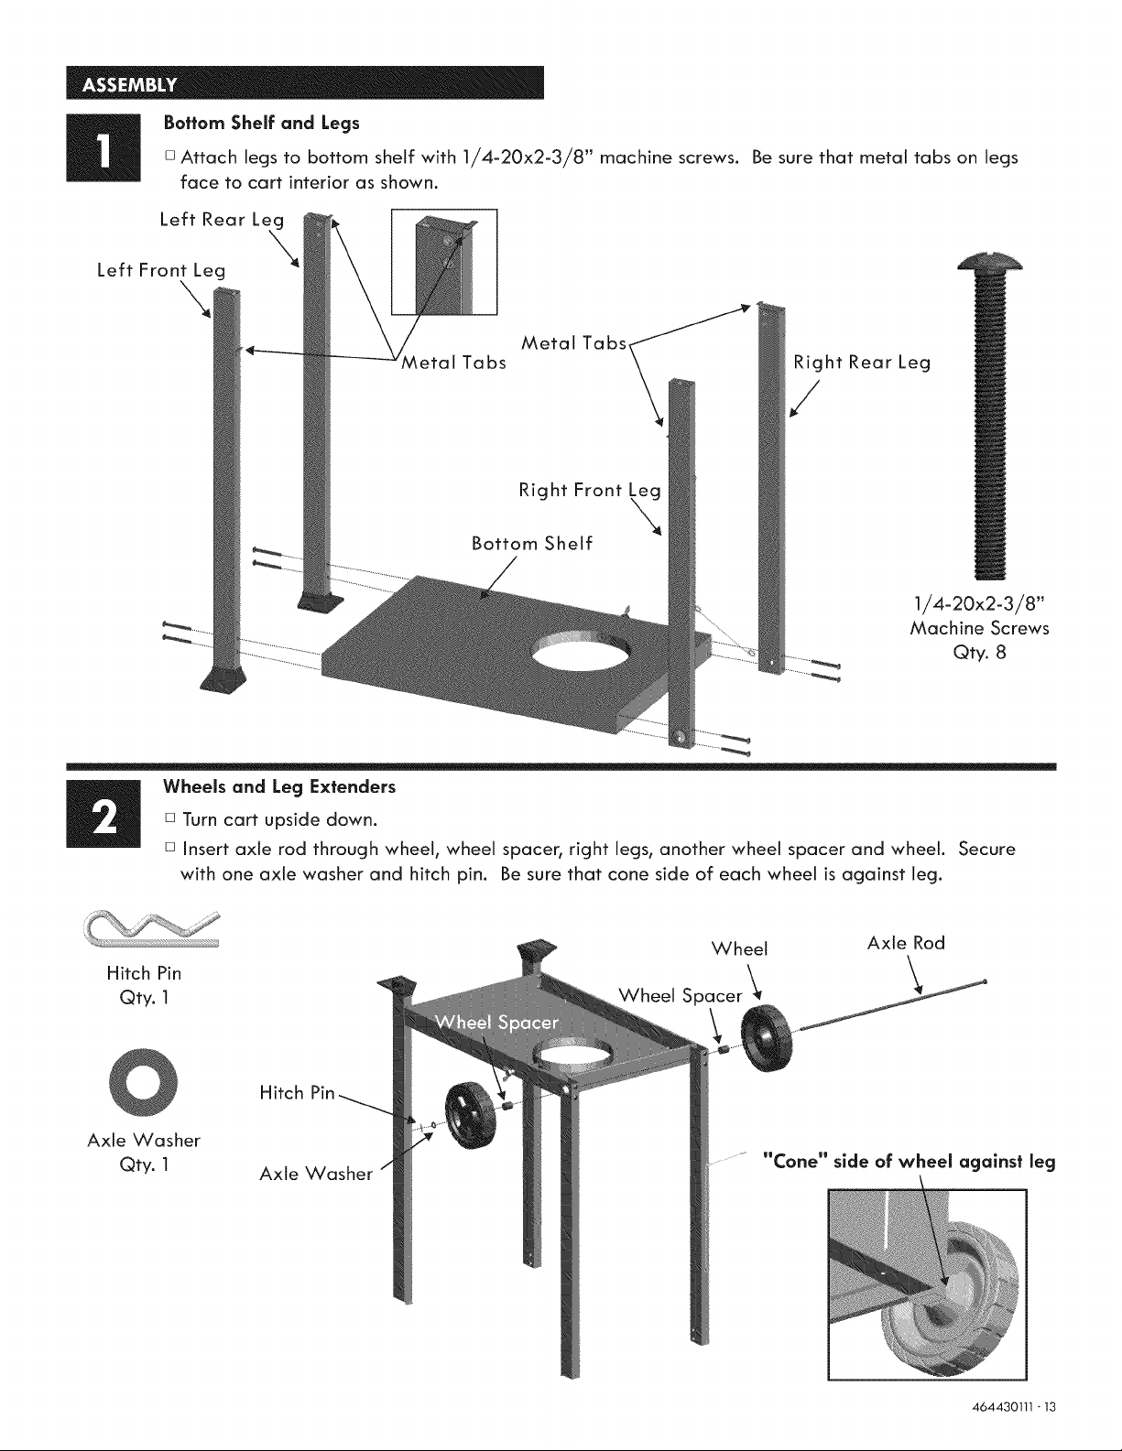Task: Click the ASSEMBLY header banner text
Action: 129,85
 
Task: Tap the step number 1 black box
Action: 103,147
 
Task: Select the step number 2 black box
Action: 103,813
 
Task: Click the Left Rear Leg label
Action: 222,221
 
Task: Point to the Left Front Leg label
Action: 161,270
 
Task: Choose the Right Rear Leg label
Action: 862,363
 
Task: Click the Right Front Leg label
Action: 590,491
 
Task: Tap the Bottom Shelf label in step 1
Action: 531,544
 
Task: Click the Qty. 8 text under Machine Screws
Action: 979,653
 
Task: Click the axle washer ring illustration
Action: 144,1083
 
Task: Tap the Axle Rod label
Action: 906,943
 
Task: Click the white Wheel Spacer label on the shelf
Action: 496,1023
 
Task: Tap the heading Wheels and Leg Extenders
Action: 279,787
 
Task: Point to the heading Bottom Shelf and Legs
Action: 262,123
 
